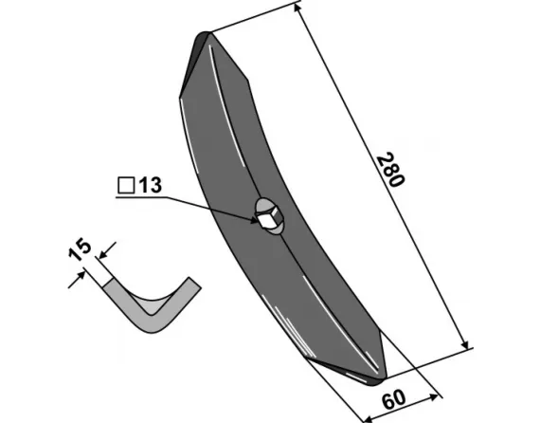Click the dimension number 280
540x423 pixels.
tap(390, 169)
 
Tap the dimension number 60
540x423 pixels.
tap(394, 399)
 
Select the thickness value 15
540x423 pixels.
tap(80, 249)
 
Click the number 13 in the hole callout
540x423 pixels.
tap(150, 186)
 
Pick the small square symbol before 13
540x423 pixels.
tap(126, 186)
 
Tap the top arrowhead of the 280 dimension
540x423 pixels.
tap(297, 8)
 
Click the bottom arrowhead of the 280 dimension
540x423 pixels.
tap(464, 343)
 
